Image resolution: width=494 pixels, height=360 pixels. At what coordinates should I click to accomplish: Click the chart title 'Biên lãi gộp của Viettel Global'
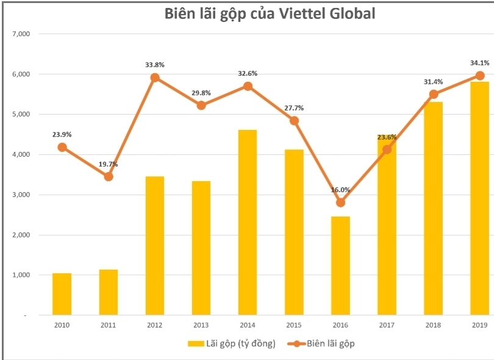270,15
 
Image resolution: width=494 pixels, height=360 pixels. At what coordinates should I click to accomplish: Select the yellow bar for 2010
62,294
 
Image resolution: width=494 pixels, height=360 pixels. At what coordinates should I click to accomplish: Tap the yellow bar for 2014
247,223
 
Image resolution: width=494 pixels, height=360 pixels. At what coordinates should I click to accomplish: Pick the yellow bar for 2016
340,266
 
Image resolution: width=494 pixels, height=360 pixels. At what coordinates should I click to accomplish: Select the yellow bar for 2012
154,246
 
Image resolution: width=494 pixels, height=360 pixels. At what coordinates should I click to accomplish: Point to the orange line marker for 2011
109,176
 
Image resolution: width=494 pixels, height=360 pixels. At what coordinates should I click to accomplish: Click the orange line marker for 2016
340,203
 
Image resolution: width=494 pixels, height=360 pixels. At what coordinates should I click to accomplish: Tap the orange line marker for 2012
155,77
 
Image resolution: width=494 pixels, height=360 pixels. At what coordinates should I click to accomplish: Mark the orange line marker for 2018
434,94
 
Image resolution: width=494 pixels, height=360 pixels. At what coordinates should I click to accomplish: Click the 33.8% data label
154,64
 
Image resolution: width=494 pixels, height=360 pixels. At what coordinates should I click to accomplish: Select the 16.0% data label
341,190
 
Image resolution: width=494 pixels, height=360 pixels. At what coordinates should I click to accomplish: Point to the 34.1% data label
479,62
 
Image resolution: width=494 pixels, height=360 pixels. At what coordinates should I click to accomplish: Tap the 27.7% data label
294,108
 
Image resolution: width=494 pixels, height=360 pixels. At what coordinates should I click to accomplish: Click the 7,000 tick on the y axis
21,34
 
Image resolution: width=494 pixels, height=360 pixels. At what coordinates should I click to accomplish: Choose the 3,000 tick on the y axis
21,195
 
